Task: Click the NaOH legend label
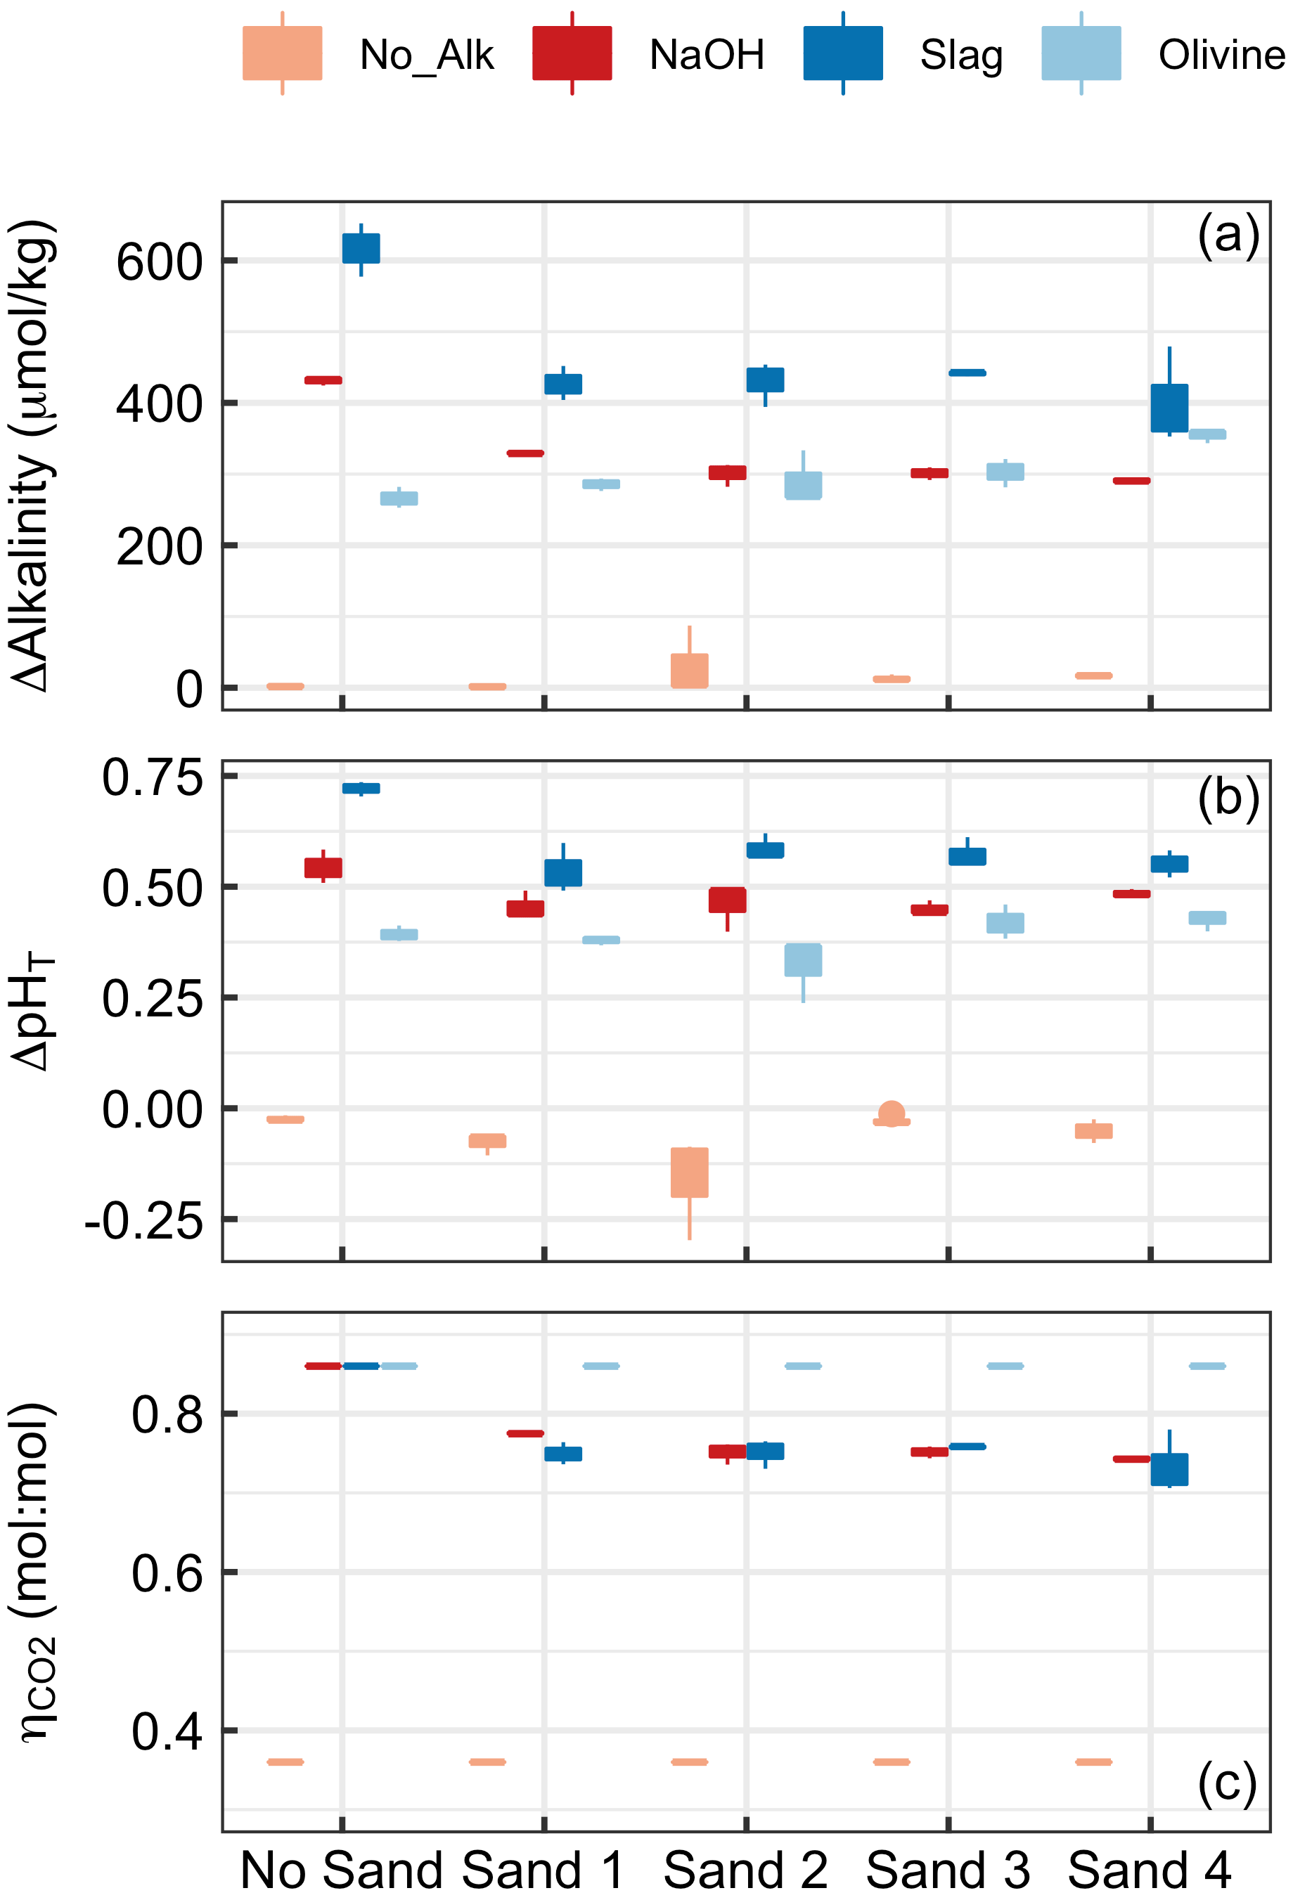(x=707, y=56)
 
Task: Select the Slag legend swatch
(x=842, y=54)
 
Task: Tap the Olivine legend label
(x=1221, y=56)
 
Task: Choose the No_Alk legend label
(x=426, y=56)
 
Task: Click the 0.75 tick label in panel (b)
(x=152, y=777)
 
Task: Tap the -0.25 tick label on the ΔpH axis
(x=144, y=1222)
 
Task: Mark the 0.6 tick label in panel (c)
(x=167, y=1572)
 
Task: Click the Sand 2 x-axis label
(x=745, y=1870)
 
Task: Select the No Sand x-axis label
(x=341, y=1870)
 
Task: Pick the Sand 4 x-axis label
(x=1149, y=1870)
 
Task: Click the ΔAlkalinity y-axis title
(x=33, y=455)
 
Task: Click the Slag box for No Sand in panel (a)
(x=361, y=249)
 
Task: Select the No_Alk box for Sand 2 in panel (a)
(x=690, y=671)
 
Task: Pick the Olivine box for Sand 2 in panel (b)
(x=803, y=959)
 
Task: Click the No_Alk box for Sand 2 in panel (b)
(x=690, y=1172)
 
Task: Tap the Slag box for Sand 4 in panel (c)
(x=1169, y=1469)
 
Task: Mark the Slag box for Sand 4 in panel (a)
(x=1169, y=408)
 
